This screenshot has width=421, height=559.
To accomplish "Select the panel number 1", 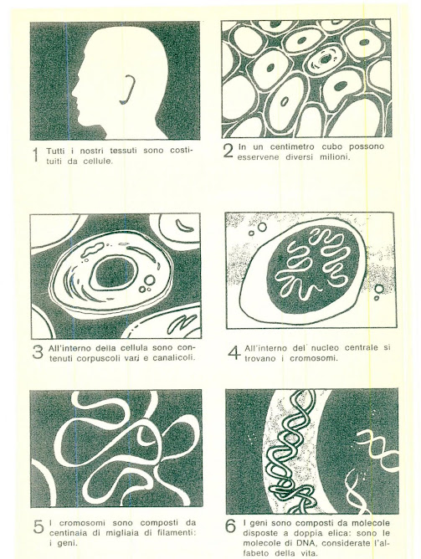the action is pyautogui.click(x=36, y=156).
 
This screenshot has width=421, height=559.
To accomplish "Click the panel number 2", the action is pyautogui.click(x=228, y=151).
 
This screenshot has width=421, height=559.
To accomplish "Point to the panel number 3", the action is pyautogui.click(x=38, y=351).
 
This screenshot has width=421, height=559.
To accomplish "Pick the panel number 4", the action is pyautogui.click(x=234, y=352).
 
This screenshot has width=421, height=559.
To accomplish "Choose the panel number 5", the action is pyautogui.click(x=39, y=527).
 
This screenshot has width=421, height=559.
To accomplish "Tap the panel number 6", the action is pyautogui.click(x=231, y=526).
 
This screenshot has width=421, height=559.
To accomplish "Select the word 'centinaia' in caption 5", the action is pyautogui.click(x=66, y=533).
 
